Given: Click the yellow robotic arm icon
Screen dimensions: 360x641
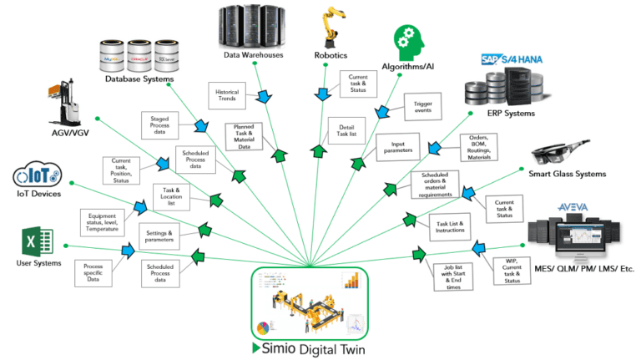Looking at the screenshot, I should pos(332,27).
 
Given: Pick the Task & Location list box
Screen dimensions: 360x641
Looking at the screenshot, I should pos(172,195).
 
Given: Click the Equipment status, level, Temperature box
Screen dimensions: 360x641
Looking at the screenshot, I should pos(101,222).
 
